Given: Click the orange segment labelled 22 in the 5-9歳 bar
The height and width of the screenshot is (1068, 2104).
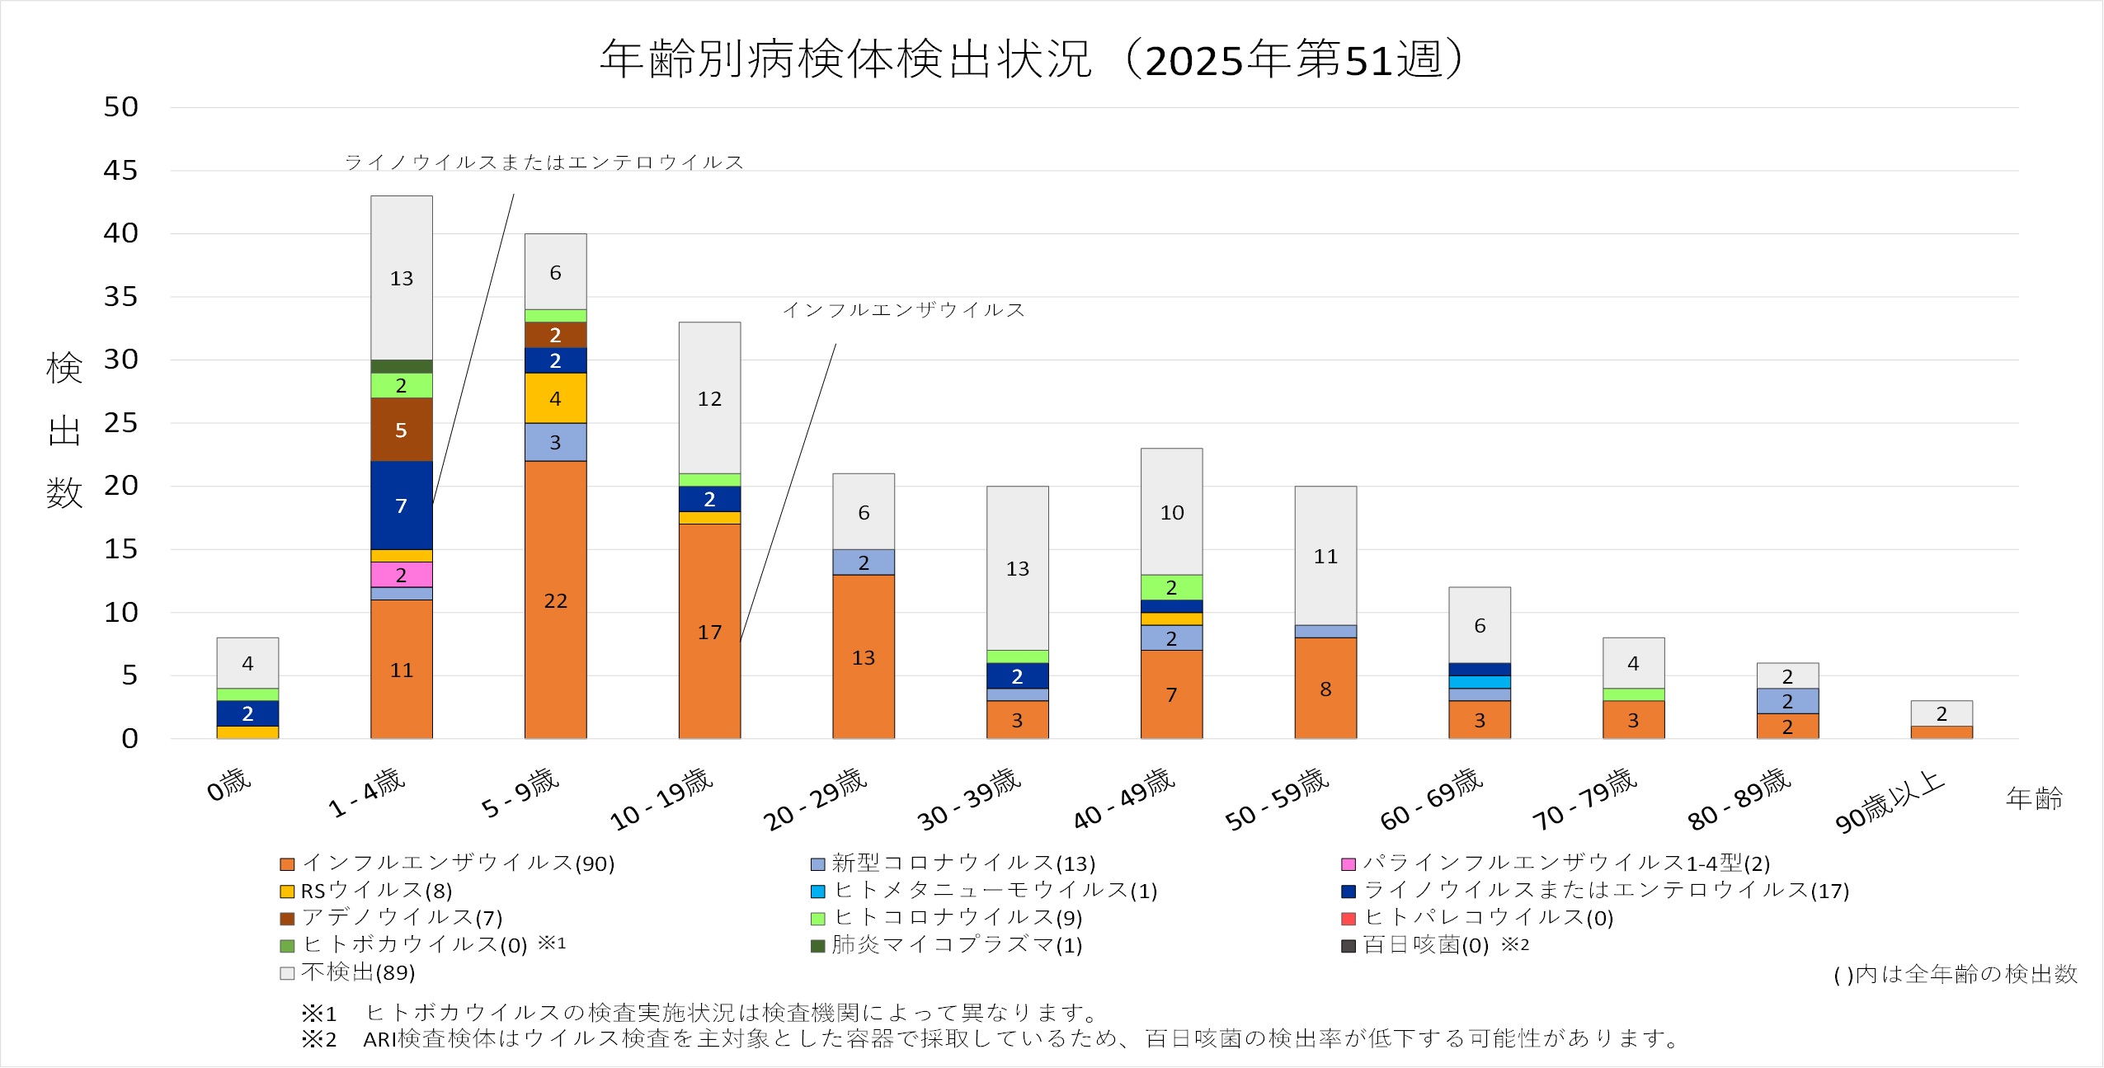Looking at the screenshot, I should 555,600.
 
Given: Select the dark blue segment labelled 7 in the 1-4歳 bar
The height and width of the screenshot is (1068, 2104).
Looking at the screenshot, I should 401,505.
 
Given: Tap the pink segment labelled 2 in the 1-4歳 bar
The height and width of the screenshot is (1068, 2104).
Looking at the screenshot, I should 401,574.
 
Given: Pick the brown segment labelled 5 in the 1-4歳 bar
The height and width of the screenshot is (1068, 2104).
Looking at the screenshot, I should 401,429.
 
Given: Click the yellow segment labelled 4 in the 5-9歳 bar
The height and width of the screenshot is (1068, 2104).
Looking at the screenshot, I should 555,398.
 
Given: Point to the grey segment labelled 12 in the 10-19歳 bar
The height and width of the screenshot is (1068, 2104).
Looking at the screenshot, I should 709,398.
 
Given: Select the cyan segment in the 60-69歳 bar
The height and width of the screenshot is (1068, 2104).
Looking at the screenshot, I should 1480,682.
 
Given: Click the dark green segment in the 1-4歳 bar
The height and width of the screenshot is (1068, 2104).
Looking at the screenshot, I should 401,366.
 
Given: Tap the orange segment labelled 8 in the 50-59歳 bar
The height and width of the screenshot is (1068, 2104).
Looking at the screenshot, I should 1325,688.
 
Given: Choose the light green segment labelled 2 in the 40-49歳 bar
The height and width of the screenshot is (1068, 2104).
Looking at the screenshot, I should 1171,586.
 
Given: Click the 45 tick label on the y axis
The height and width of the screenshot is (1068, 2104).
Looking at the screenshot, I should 120,171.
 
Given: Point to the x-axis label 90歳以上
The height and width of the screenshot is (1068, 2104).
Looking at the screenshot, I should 1889,802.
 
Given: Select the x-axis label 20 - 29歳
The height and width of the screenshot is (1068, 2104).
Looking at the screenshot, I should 815,799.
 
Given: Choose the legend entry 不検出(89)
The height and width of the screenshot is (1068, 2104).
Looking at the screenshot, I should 357,972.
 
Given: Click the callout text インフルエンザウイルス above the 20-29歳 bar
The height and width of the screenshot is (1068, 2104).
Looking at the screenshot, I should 903,310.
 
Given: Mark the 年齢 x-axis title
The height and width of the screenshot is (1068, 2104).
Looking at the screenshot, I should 2034,797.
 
